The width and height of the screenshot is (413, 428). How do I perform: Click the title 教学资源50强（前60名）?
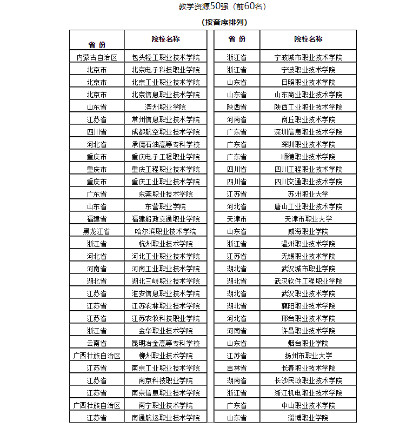[222, 6]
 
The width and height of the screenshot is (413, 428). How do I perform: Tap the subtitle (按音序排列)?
[224, 22]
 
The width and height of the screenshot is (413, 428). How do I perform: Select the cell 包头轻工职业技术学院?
[165, 57]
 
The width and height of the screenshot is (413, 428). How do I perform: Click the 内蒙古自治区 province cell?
[97, 57]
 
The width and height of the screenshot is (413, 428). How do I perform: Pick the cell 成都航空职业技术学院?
[165, 132]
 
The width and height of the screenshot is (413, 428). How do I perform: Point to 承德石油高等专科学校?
[165, 144]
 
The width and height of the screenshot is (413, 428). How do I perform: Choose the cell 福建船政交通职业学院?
[165, 219]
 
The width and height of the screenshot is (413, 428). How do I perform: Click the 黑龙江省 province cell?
[97, 231]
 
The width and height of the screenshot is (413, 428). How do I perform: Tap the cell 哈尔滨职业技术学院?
[165, 231]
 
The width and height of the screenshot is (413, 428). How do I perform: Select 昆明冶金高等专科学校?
[165, 343]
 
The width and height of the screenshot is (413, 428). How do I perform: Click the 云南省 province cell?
[97, 343]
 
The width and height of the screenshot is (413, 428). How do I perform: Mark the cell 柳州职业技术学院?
[165, 356]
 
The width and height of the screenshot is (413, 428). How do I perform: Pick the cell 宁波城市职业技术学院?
[308, 57]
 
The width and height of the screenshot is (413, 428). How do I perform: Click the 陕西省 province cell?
[237, 107]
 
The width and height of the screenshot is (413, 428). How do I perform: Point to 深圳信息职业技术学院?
[308, 132]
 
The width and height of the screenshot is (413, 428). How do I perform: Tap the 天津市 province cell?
[237, 219]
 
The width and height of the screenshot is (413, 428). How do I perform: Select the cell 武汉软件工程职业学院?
[308, 281]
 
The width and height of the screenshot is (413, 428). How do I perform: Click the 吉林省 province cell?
[237, 368]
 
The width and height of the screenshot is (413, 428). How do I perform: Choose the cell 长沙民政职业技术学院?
[308, 380]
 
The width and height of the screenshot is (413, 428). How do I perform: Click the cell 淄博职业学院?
[308, 418]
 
